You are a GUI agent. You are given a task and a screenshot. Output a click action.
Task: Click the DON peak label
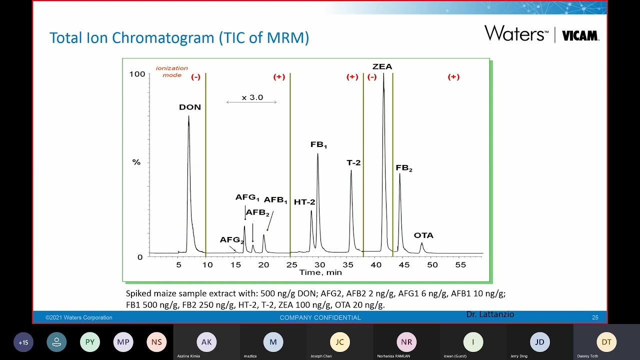coord(190,107)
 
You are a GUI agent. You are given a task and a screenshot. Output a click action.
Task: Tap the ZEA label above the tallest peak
coord(382,66)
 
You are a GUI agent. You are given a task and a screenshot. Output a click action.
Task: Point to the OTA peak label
coord(423,235)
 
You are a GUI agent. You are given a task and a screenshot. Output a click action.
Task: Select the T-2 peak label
coord(353,163)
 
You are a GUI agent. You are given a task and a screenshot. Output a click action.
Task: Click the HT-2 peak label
coord(304,202)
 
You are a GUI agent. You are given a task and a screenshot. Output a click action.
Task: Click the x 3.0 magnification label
coord(252,97)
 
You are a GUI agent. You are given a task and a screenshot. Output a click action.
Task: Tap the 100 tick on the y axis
coord(137,74)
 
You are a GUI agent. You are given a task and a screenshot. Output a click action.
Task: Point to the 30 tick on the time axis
coord(319,264)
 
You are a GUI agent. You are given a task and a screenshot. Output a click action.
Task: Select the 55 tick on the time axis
coord(460,264)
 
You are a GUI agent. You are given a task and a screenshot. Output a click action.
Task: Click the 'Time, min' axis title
coord(320,272)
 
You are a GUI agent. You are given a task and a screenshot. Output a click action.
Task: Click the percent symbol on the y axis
coord(136,162)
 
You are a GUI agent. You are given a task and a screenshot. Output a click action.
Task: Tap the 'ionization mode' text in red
coord(172,71)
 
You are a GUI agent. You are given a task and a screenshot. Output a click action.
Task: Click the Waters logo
coord(516,33)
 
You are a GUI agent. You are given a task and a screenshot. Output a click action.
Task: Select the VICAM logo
coord(580,35)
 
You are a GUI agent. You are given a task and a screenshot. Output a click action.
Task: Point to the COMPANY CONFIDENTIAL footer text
coord(320,317)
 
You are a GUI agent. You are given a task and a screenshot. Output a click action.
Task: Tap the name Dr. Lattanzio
coord(490,314)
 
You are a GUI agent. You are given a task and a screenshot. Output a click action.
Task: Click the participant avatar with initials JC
coord(339,342)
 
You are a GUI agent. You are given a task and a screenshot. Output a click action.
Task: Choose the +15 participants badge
coord(23,342)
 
